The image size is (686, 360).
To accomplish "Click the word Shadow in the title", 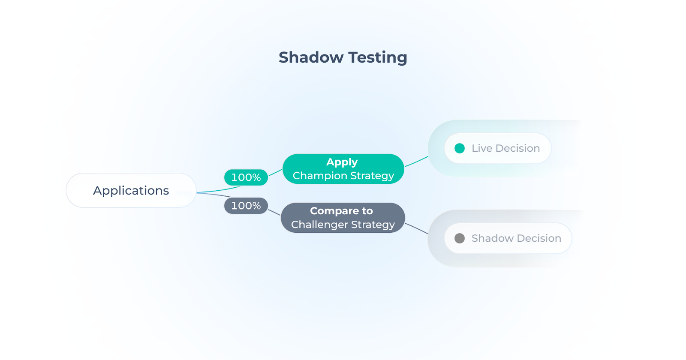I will (x=311, y=57).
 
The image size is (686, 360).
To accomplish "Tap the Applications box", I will (x=131, y=190).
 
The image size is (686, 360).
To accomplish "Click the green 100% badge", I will (x=246, y=177).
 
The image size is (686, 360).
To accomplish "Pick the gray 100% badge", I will (x=246, y=206).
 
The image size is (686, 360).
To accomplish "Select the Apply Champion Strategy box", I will (x=343, y=169).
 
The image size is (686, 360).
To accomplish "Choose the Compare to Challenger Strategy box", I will (x=343, y=218).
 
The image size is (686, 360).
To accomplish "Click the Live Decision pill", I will (x=497, y=148).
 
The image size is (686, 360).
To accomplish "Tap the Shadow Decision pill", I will (x=508, y=238).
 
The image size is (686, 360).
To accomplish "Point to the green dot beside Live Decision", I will (x=460, y=148).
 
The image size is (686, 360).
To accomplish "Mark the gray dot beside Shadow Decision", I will (x=460, y=238).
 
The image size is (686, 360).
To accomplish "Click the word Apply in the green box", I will (x=342, y=162).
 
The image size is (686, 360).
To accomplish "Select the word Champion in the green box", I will (x=320, y=176).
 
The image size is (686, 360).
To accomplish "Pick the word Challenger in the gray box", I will (x=319, y=225).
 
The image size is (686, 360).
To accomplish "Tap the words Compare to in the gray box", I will (x=341, y=211).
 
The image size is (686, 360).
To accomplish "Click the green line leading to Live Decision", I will (x=416, y=162).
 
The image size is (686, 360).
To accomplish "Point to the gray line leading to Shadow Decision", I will (x=416, y=228).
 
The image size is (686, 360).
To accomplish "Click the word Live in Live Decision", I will (x=481, y=148).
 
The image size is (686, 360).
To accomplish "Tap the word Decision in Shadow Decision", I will (x=539, y=238).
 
